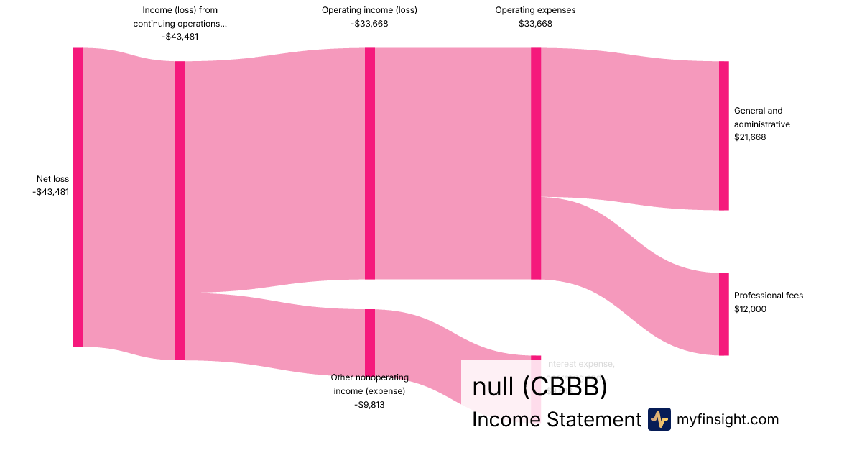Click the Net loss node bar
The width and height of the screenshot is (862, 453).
78,197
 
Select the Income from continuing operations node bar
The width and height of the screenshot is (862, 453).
180,211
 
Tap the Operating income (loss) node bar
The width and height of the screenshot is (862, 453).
370,163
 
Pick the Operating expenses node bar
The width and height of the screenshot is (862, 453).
536,163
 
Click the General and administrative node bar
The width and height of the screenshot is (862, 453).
723,136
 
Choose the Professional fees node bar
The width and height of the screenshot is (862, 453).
723,314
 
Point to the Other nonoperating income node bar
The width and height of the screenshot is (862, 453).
370,342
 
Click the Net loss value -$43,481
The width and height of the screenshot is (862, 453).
51,192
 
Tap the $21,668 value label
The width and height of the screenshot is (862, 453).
750,137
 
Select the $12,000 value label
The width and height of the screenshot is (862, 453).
750,309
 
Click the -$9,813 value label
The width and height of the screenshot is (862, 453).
369,405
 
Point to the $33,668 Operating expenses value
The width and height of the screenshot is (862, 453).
535,24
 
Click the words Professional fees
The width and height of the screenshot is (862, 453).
769,296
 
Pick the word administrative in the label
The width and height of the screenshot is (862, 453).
761,124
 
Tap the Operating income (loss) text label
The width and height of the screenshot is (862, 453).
369,10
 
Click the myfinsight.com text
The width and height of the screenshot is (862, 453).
728,419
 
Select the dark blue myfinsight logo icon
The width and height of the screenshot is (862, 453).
659,419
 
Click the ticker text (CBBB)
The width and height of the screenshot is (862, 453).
565,387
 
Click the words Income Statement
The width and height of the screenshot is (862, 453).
557,420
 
